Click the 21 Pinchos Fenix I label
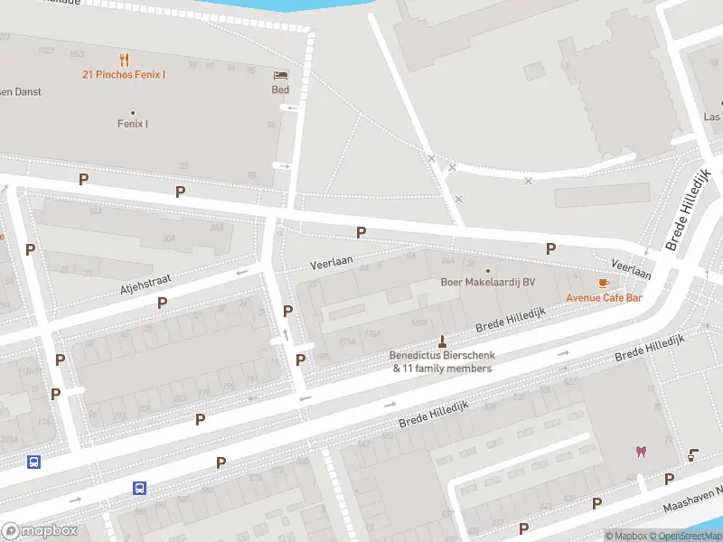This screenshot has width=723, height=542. (x=124, y=75)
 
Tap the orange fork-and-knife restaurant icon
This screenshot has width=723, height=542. (x=124, y=60)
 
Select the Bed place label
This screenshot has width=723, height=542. (x=281, y=89)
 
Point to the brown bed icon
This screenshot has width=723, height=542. (x=281, y=75)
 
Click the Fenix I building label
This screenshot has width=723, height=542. (x=133, y=124)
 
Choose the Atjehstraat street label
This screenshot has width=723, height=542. (x=146, y=286)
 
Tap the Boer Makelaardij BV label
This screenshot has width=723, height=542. (x=487, y=283)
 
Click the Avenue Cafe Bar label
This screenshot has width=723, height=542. (x=604, y=298)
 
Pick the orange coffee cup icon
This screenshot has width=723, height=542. (x=604, y=284)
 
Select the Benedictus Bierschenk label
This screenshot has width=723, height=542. (x=442, y=356)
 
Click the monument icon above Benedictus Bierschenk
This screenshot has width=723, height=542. (x=442, y=341)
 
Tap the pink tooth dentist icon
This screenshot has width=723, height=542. (x=642, y=452)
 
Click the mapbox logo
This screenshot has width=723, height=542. (x=40, y=531)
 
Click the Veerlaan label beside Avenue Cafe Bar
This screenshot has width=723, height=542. (x=632, y=268)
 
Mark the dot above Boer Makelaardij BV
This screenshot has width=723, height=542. (x=488, y=270)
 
